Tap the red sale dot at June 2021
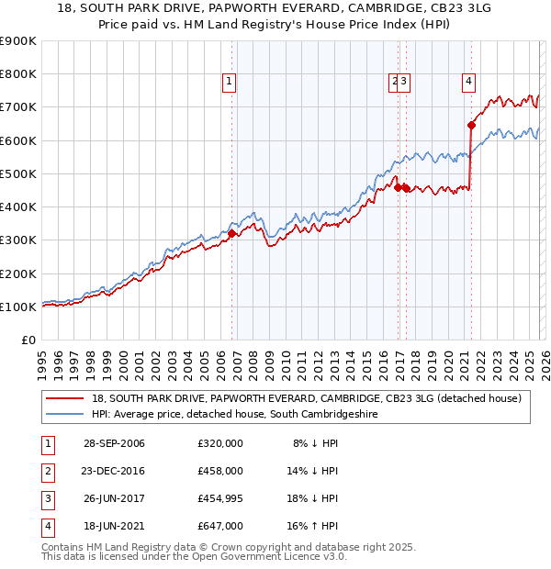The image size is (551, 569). (x=471, y=124)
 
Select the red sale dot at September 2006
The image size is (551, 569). (x=231, y=233)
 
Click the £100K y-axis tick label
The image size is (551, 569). (x=17, y=307)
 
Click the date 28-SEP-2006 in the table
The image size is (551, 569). (x=113, y=443)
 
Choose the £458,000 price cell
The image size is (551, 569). (x=219, y=471)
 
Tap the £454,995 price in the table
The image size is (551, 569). (x=219, y=498)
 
